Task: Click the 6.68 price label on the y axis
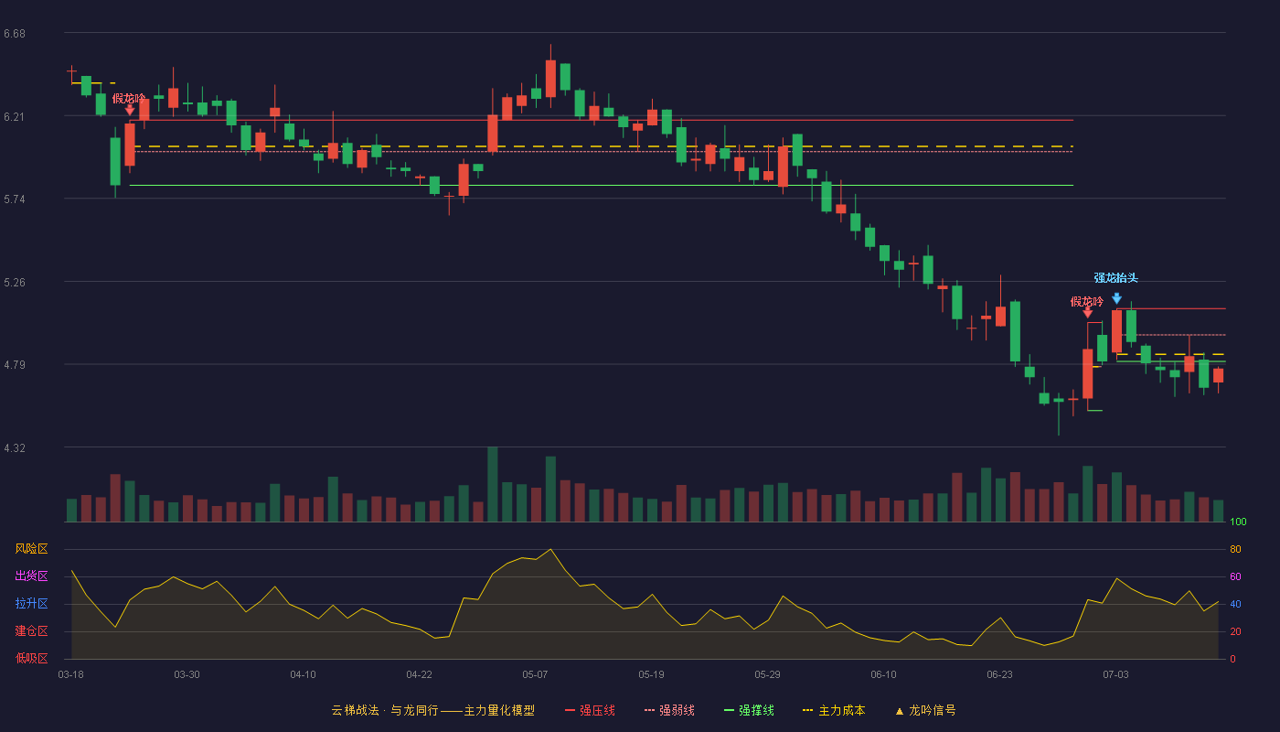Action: tap(15, 34)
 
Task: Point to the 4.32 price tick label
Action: tap(15, 448)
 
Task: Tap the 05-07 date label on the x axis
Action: tap(535, 675)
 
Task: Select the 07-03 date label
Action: tap(1115, 675)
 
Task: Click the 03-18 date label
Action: tap(71, 675)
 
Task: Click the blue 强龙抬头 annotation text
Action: tap(1116, 278)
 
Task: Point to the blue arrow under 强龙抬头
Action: tap(1116, 298)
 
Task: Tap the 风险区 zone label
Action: tap(31, 549)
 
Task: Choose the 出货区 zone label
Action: tap(31, 576)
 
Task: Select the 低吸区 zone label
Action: tap(31, 658)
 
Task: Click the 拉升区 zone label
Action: tap(31, 603)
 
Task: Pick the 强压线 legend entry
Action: tap(590, 710)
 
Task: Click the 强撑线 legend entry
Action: tap(749, 710)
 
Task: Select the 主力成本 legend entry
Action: tap(834, 710)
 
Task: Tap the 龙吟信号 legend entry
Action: tap(925, 710)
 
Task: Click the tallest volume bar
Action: tap(493, 484)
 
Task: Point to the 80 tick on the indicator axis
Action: tap(1235, 549)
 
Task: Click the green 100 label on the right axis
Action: tap(1238, 522)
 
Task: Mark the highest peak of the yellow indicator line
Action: tap(550, 550)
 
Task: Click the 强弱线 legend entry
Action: tap(669, 710)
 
